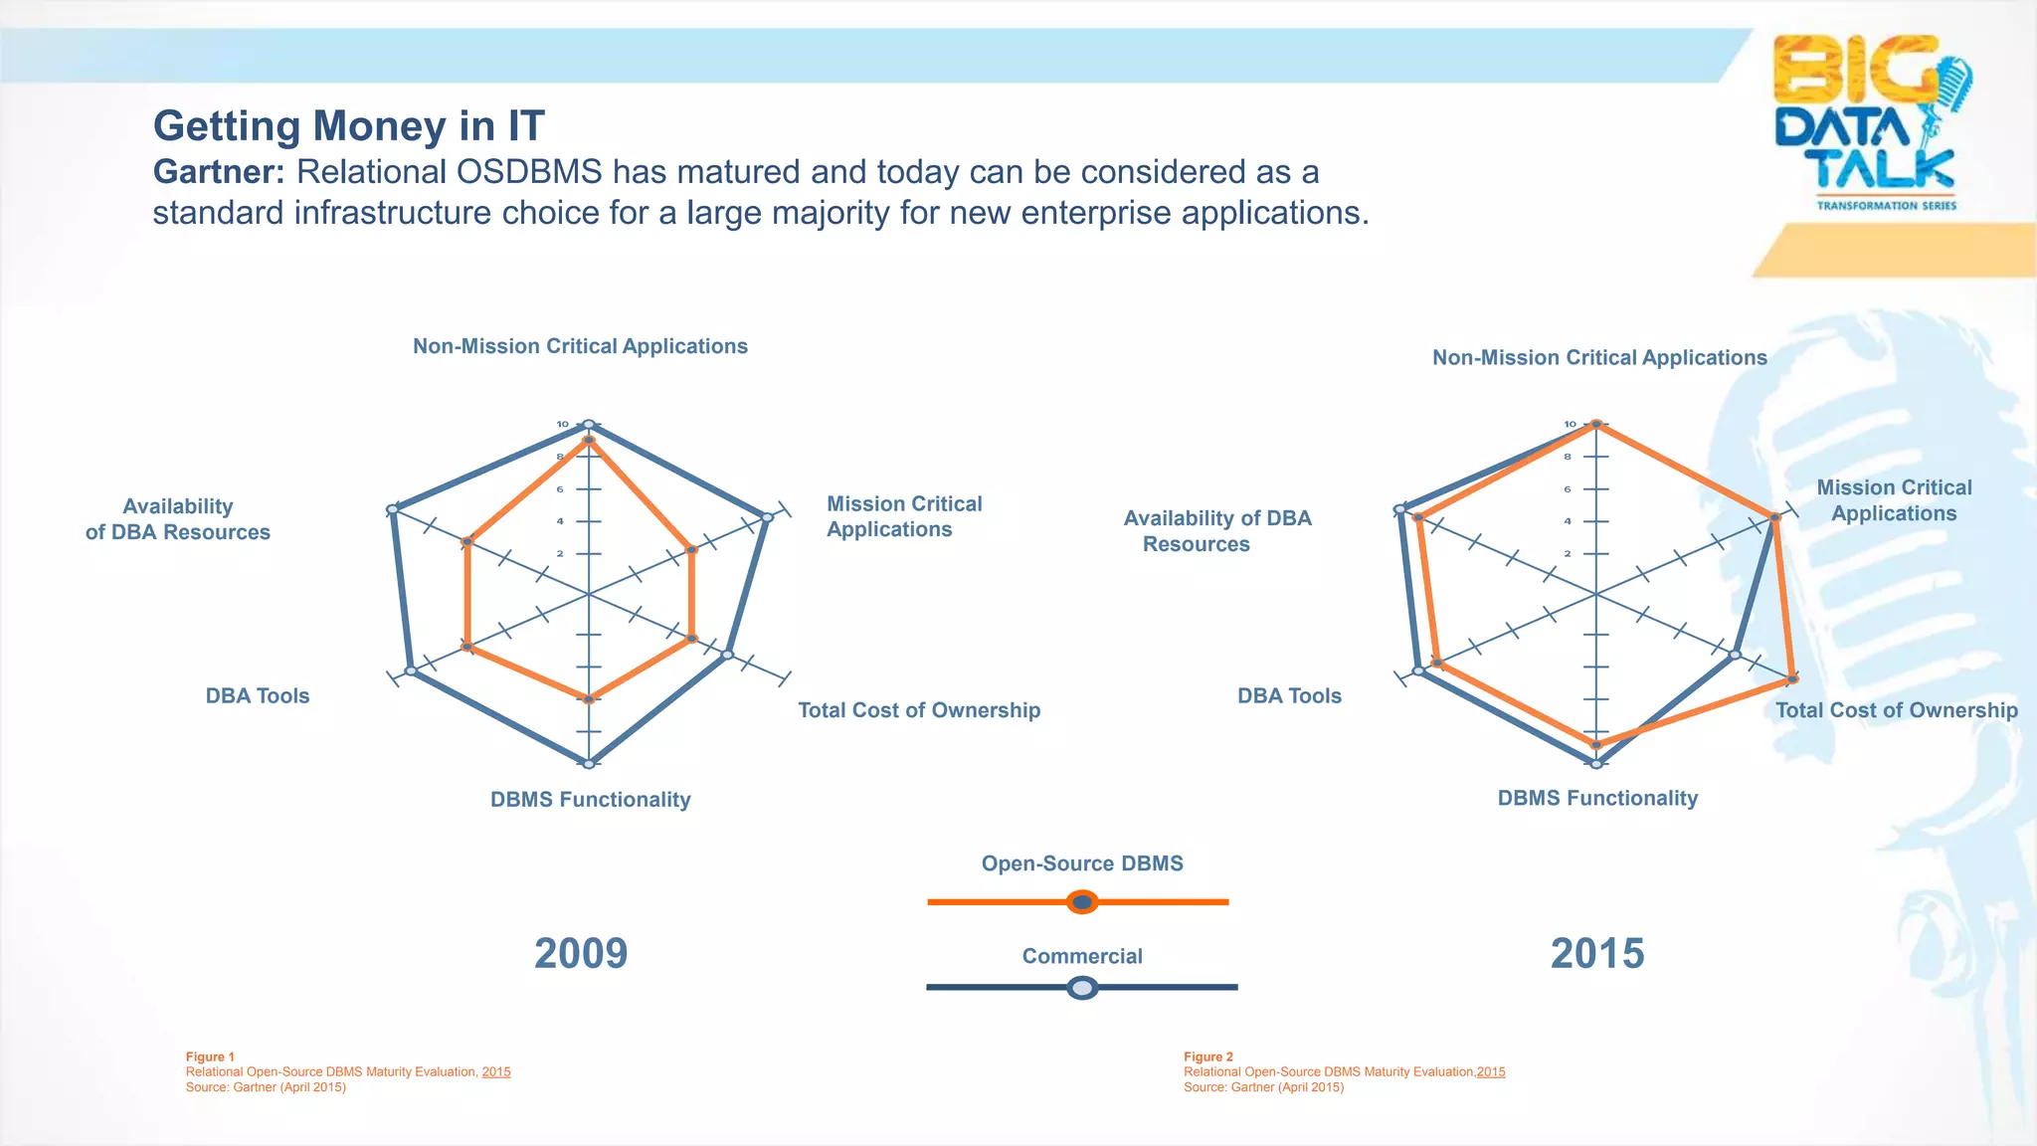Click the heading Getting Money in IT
[x=348, y=126]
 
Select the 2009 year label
[x=581, y=953]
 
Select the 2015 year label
[x=1597, y=953]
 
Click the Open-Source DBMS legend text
[x=1082, y=863]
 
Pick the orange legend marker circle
[x=1082, y=902]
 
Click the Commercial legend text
[x=1082, y=956]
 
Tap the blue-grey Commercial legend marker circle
[x=1082, y=988]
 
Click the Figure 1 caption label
[x=210, y=1056]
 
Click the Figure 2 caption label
[x=1208, y=1056]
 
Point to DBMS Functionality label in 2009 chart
[x=590, y=800]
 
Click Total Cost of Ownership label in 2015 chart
[x=1897, y=710]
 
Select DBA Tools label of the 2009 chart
[x=258, y=696]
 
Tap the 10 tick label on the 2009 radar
[x=562, y=425]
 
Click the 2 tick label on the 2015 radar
[x=1568, y=553]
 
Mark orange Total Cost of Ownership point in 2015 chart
[x=1792, y=679]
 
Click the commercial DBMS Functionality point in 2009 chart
[x=589, y=763]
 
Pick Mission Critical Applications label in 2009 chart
[x=903, y=516]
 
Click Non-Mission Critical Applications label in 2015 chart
[x=1599, y=358]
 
